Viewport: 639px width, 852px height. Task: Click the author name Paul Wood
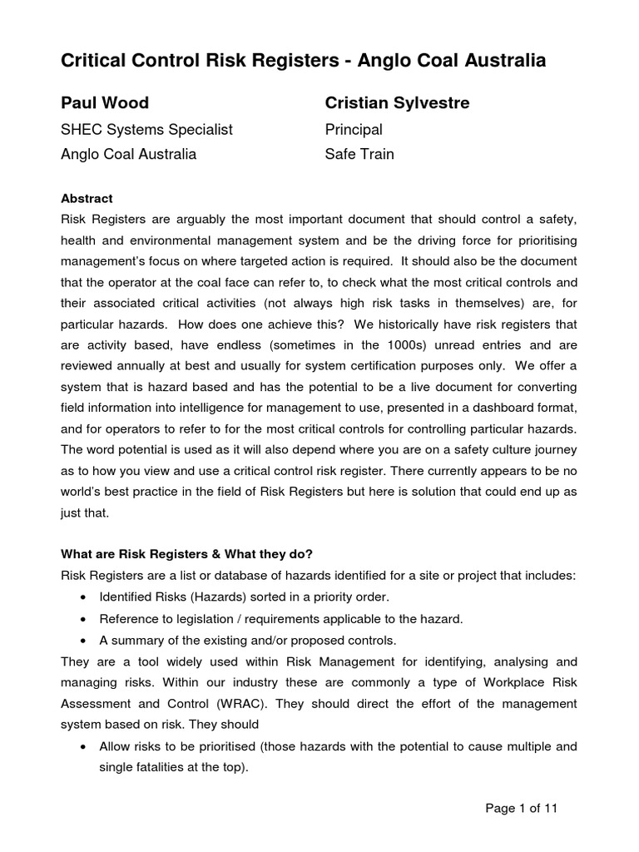[105, 103]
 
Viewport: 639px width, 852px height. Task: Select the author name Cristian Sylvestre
[397, 103]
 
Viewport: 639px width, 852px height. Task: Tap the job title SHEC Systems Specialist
[147, 130]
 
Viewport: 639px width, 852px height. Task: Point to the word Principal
[354, 130]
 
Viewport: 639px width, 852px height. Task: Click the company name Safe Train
[359, 154]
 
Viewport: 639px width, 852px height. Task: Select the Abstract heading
[87, 199]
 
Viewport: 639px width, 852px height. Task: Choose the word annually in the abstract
[152, 365]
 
